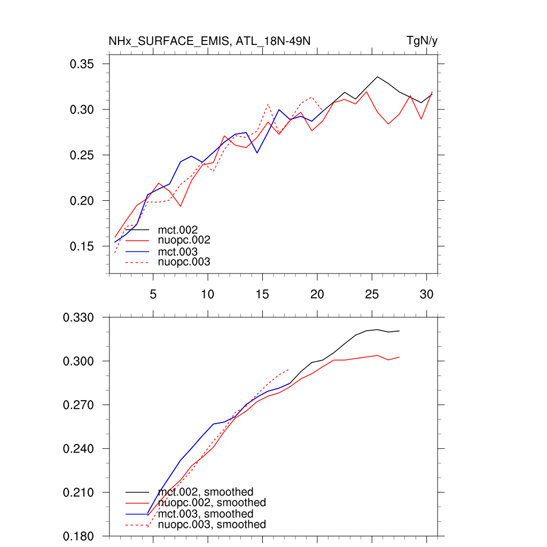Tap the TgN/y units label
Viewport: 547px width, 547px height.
[x=422, y=41]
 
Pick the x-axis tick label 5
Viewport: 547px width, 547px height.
[x=153, y=294]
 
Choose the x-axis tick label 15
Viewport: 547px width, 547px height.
[x=262, y=294]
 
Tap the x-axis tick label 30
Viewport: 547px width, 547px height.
[x=426, y=294]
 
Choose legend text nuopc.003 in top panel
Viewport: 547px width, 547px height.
[x=184, y=262]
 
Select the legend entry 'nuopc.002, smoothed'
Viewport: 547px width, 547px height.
[x=212, y=503]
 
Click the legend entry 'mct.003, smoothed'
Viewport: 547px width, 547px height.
[x=206, y=514]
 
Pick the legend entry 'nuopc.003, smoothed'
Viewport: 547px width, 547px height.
[x=212, y=525]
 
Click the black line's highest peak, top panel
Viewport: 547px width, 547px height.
[x=378, y=77]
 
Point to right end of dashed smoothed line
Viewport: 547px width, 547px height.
[x=289, y=369]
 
